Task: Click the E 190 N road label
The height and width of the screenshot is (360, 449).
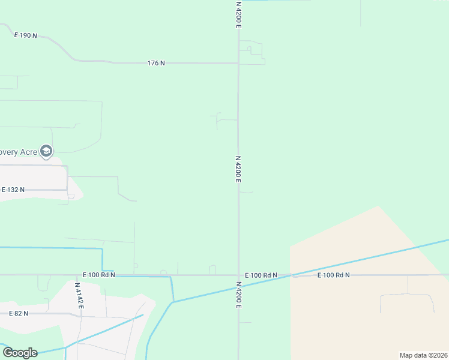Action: pos(26,35)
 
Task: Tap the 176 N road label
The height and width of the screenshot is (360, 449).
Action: pos(156,63)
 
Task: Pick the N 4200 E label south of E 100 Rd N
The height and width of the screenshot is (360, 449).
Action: pos(238,295)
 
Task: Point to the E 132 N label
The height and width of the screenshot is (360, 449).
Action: pos(13,190)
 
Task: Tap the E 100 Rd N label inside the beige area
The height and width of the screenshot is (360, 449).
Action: pos(334,275)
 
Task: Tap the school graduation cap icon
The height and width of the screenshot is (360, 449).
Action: pos(46,151)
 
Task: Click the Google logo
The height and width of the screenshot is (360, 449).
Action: pos(20,352)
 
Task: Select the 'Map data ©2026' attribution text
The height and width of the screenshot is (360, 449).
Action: pos(423,355)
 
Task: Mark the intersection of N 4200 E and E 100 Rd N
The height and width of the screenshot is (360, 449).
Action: pos(238,275)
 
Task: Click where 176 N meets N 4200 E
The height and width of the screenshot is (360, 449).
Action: pos(238,63)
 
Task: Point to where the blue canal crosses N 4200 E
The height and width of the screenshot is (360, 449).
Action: pos(238,286)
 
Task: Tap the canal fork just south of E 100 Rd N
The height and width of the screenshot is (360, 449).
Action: pos(172,302)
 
